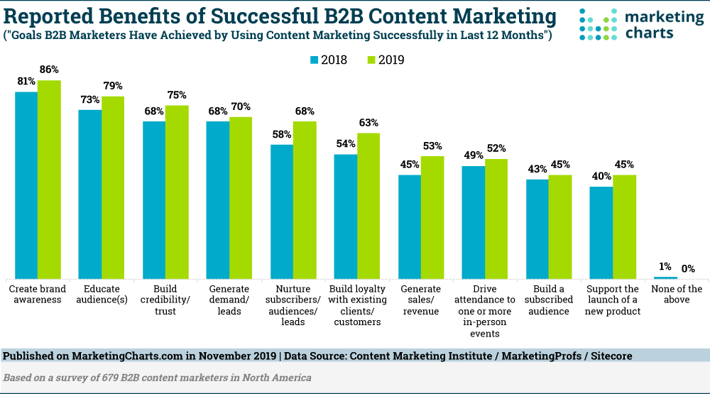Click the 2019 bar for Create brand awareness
coord(49,180)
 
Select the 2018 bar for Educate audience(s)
coord(89,195)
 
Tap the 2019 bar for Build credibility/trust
coord(177,192)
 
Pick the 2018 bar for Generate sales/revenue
coord(410,227)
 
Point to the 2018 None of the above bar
coord(665,278)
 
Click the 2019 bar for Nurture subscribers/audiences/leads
coord(305,200)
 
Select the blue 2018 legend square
coord(315,60)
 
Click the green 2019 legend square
coord(371,60)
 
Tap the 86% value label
coord(49,70)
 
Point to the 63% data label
coord(368,123)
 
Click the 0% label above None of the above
coord(688,268)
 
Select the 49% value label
coord(473,155)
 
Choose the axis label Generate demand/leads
coord(229,300)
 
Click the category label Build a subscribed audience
coord(549,300)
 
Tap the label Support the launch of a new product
coord(613,300)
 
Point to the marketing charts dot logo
coord(598,24)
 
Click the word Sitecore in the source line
coord(611,356)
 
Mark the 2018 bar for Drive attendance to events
coord(473,222)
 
